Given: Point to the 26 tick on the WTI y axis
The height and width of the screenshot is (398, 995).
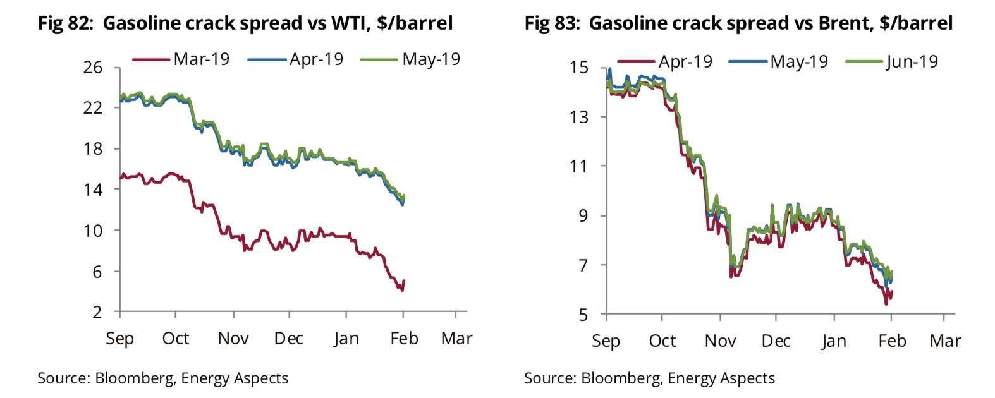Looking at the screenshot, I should click(93, 67).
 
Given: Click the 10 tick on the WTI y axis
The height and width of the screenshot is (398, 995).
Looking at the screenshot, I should click(93, 231).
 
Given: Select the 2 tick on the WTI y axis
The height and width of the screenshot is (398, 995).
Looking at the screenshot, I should click(97, 312).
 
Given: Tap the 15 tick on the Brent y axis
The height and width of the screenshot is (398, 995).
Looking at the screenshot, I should click(578, 67).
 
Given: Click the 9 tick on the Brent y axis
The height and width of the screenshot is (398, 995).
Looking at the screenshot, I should click(583, 215).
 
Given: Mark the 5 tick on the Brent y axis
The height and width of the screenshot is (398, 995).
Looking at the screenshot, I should click(583, 314).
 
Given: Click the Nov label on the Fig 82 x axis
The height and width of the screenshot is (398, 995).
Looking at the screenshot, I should click(233, 339).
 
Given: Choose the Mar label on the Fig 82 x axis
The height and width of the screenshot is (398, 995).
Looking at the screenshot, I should click(456, 339).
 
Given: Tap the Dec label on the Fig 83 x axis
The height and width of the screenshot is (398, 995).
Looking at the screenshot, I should click(776, 341).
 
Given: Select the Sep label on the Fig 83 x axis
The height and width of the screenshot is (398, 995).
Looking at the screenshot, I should click(606, 342).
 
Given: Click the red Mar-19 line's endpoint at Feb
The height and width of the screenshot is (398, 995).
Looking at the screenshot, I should click(403, 282).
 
